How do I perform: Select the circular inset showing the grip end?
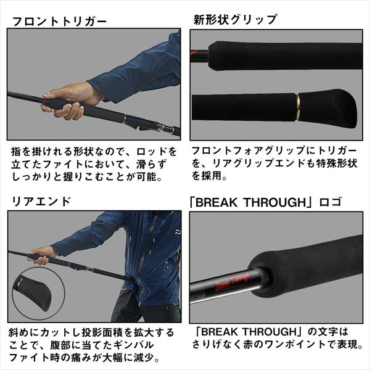click(33, 289)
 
